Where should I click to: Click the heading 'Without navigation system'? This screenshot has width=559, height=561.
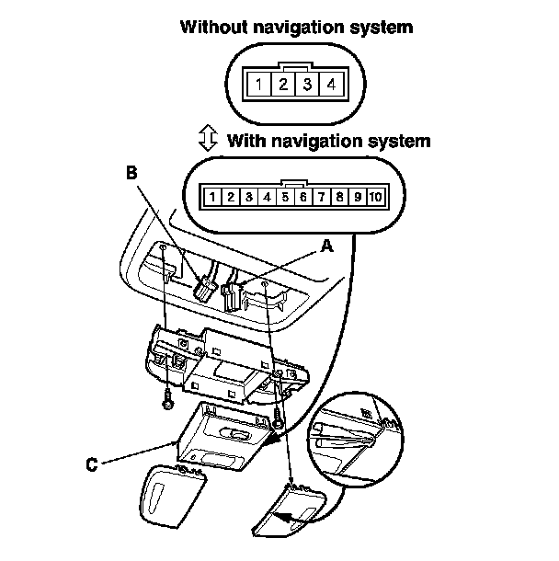click(x=296, y=27)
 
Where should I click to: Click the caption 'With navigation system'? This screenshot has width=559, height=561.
click(x=328, y=141)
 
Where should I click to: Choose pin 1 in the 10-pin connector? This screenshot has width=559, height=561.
click(x=213, y=197)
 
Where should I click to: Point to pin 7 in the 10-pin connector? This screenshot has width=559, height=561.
click(x=320, y=197)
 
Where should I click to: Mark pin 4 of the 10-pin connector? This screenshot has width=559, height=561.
click(x=267, y=197)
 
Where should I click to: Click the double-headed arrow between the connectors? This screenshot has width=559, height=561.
click(x=208, y=140)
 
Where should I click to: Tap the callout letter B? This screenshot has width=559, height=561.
click(x=131, y=172)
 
